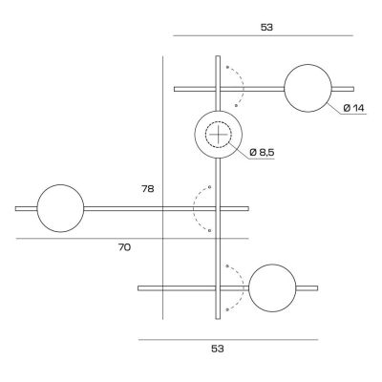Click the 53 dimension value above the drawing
click(x=265, y=27)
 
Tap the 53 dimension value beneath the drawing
click(x=218, y=350)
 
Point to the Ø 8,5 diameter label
click(x=262, y=153)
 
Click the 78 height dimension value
click(x=146, y=189)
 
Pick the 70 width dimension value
click(x=124, y=247)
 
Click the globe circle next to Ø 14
click(x=310, y=89)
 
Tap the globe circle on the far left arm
click(x=60, y=207)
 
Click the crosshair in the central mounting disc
click(x=219, y=136)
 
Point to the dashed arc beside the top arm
click(x=239, y=88)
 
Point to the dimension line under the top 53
click(x=263, y=36)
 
